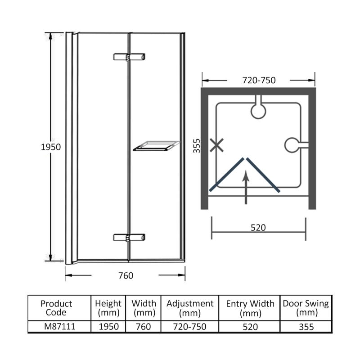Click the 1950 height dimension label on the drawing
51,147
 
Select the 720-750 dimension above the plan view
259,81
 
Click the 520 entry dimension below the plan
258,228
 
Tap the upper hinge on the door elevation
129,57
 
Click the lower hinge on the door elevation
129,238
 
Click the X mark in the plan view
217,145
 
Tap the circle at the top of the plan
259,110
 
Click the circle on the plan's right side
292,145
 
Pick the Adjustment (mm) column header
190,308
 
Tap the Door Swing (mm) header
306,308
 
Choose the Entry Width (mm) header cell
250,308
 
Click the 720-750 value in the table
190,326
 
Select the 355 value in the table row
306,326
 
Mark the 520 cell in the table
250,326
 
